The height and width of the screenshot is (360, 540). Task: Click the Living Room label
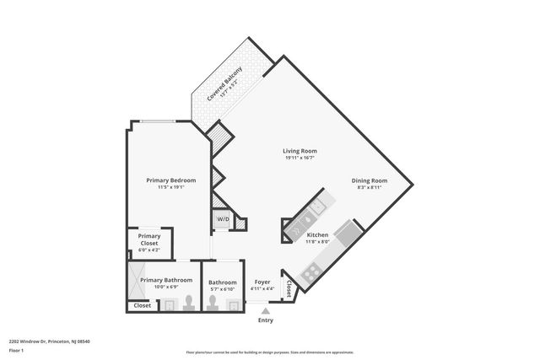pos(300,151)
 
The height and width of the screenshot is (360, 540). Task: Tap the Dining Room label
pos(369,180)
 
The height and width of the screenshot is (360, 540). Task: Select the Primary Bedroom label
pos(170,180)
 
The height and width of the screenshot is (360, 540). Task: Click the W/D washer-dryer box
pos(223,219)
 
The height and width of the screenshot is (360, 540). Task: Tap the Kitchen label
pos(317,234)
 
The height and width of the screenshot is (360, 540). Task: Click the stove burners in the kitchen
pos(310,271)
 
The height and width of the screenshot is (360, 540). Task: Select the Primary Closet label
pos(149,239)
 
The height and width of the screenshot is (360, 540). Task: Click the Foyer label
pos(262,282)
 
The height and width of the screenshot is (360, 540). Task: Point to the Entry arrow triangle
pos(266,311)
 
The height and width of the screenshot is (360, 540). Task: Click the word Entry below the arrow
pos(266,320)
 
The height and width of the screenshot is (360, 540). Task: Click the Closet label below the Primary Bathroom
pos(143,305)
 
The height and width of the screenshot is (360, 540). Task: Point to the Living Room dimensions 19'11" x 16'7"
pos(300,159)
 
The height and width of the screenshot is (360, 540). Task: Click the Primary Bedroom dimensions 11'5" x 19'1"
pos(170,187)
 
